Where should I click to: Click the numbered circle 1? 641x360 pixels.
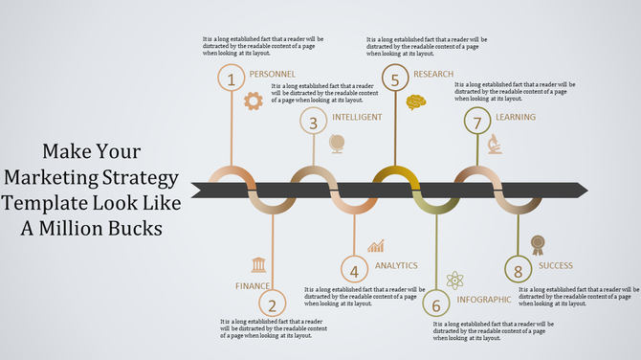point(231,79)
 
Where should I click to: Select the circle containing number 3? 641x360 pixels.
point(313,121)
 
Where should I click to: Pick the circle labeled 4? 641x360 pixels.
point(354,271)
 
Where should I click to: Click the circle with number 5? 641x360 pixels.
point(395,78)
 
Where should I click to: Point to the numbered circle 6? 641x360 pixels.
point(435,305)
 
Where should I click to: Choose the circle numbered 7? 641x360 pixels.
point(476,121)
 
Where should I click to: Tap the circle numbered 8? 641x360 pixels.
point(518,272)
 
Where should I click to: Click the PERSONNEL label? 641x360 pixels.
point(272,74)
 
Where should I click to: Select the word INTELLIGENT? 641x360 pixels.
point(357,117)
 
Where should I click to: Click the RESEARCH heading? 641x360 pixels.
point(434,74)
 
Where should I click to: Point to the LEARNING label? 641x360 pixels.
point(516,117)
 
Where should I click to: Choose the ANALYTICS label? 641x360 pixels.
point(396,265)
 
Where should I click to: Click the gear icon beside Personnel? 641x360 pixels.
point(253,101)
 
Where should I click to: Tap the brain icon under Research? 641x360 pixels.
point(416,101)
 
